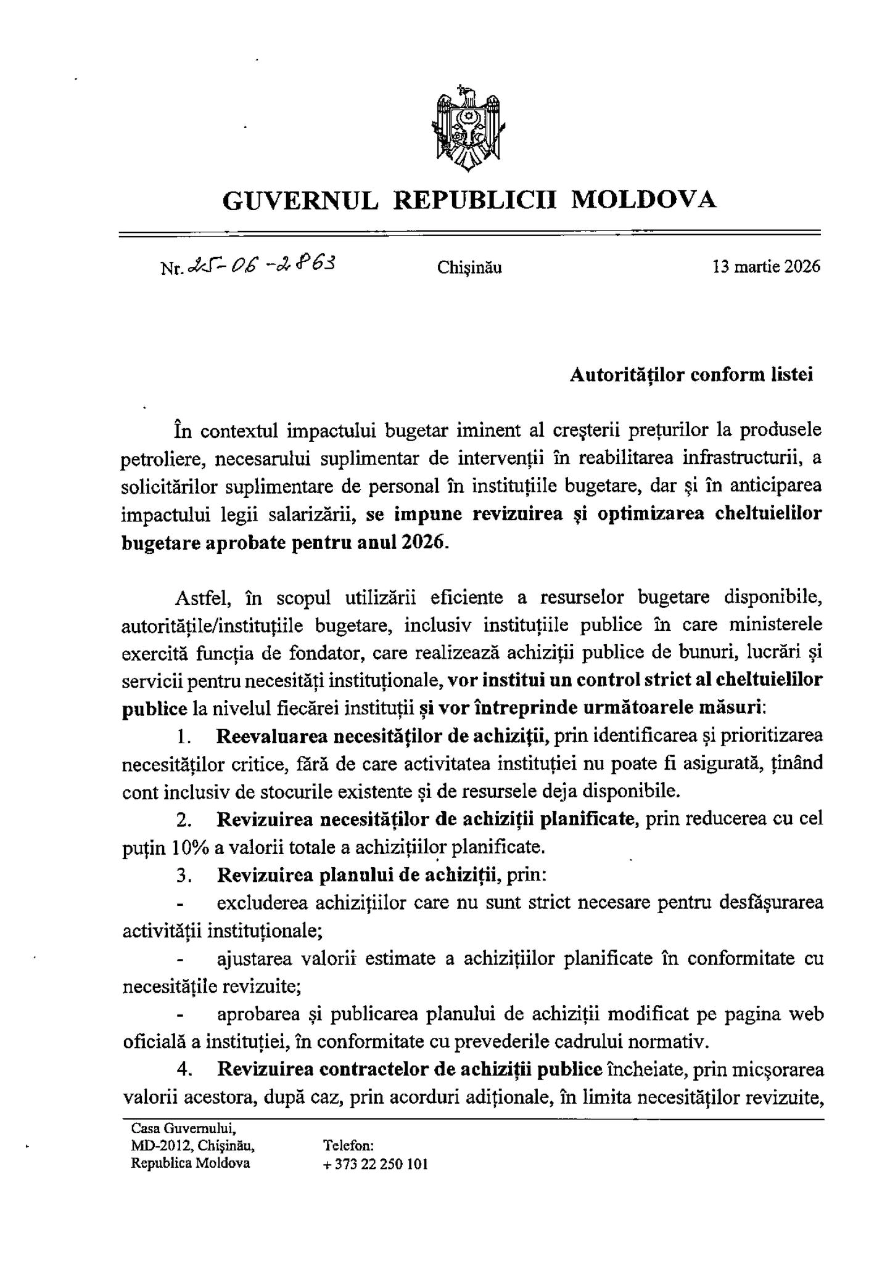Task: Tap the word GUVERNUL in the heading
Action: click(300, 200)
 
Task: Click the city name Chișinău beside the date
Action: click(469, 267)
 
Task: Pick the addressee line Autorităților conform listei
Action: click(691, 375)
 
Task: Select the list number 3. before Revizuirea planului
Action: click(183, 875)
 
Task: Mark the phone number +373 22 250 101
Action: click(375, 1164)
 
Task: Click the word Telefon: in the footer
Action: click(348, 1146)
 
